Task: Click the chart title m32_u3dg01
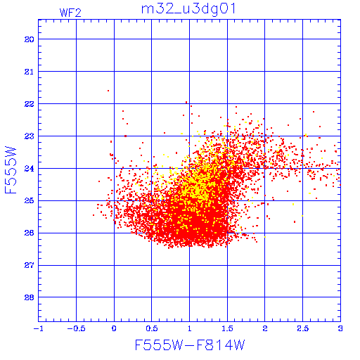tap(188, 9)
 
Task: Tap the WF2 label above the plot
tap(70, 13)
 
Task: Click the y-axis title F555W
tap(11, 170)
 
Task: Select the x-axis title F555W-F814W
tap(190, 345)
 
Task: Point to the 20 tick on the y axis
tap(30, 39)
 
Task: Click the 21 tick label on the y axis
tap(30, 72)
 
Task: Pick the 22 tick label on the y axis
tap(30, 104)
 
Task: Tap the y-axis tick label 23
tap(30, 136)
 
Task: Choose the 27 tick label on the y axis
tap(30, 266)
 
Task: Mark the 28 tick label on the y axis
tap(30, 297)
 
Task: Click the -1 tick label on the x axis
tap(39, 328)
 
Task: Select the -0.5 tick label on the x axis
tap(76, 328)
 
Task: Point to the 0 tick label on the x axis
tap(114, 328)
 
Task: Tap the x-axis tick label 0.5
tap(152, 328)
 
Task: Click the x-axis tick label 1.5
tap(227, 328)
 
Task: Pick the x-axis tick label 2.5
tap(302, 328)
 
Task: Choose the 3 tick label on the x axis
tap(340, 328)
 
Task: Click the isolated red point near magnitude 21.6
tap(108, 91)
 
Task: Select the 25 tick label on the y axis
tap(30, 201)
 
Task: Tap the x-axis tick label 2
tap(265, 328)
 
